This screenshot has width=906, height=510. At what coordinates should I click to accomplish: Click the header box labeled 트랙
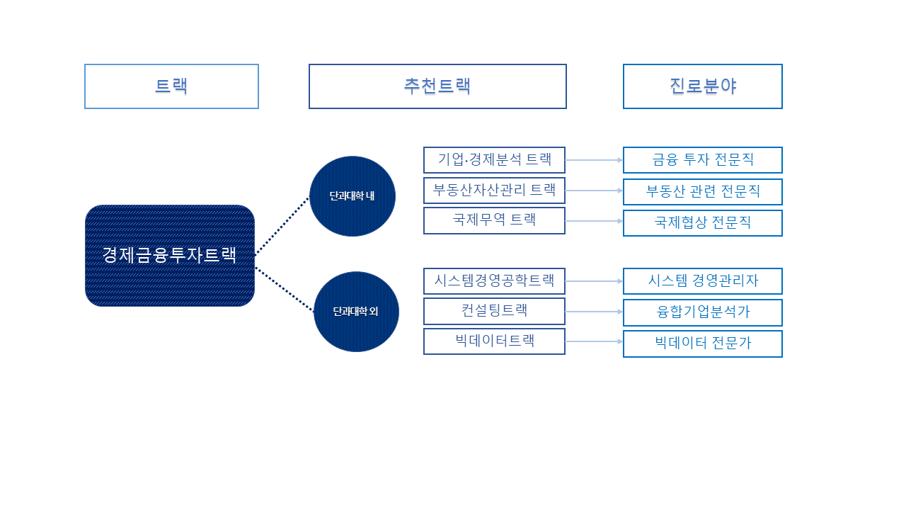171,86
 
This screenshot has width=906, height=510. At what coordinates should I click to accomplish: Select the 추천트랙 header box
437,86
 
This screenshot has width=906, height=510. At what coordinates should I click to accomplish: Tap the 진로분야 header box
702,86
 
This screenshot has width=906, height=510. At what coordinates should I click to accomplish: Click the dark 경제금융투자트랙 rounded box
170,256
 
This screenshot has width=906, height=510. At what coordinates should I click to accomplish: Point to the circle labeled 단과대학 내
352,196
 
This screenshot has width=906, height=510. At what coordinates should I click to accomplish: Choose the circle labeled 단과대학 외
356,312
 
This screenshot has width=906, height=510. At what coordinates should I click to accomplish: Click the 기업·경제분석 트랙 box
494,160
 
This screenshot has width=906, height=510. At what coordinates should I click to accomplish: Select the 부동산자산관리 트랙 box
494,191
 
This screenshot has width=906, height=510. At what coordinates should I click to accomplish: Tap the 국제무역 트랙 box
494,220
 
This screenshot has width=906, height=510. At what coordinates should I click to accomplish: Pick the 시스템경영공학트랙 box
494,281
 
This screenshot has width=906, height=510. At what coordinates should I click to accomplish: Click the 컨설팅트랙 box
494,311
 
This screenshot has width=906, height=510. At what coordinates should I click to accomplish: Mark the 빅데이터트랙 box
494,341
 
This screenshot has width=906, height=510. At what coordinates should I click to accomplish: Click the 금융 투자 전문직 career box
702,160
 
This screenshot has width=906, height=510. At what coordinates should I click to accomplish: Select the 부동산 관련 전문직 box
702,192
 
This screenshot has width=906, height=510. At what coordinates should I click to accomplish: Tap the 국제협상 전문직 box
702,223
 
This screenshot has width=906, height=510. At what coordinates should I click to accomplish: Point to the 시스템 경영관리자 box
702,281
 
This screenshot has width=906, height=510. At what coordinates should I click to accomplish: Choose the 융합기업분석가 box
702,312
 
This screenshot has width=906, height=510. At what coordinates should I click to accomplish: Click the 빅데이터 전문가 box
702,344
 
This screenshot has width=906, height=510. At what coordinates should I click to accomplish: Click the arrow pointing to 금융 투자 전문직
594,160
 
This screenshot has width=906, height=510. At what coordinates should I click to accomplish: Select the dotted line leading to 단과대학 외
284,289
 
